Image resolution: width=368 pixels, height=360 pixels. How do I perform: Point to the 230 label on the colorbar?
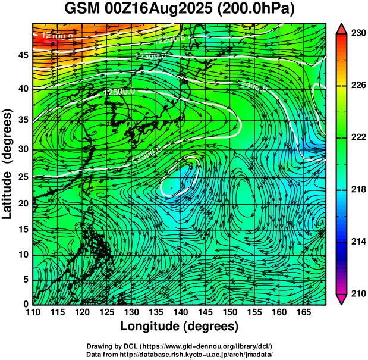tap(358, 33)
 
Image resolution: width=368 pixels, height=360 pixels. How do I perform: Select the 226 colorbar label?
tap(358, 86)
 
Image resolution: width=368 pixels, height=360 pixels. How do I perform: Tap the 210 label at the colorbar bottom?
tap(358, 293)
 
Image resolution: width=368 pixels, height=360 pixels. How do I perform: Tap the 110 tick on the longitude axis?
tap(33, 312)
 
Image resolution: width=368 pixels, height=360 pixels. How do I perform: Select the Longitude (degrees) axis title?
tap(180, 326)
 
